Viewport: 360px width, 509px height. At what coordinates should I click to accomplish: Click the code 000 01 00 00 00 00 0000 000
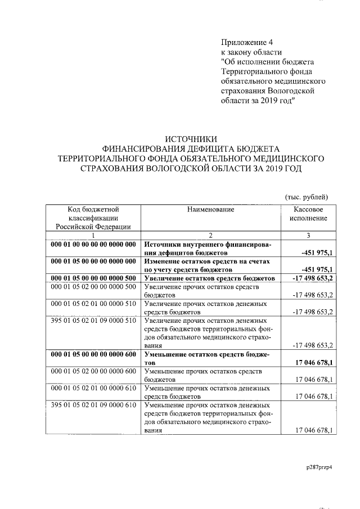tap(93, 245)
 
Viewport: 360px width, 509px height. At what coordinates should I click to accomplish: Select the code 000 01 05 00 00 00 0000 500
tap(93, 278)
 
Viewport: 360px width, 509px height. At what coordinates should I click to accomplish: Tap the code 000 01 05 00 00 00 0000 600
tap(93, 354)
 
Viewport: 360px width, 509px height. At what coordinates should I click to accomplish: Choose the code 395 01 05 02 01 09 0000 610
tap(93, 405)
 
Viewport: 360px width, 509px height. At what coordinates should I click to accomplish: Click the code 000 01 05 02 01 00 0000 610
tap(93, 388)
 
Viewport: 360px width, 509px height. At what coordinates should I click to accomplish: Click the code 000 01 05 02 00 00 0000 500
tap(93, 287)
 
